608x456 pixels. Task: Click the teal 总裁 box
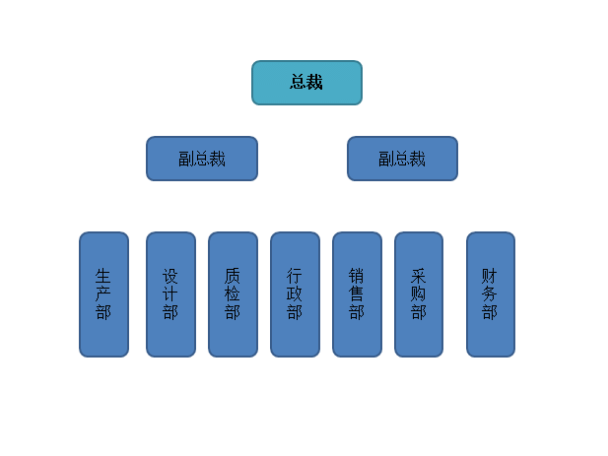click(306, 83)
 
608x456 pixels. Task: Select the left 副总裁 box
click(202, 159)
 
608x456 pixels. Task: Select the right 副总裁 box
click(402, 159)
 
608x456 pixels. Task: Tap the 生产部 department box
click(103, 294)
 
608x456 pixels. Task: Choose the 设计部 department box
click(171, 294)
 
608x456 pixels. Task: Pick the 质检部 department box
click(233, 294)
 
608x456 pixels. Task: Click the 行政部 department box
click(295, 294)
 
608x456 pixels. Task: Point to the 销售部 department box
click(357, 294)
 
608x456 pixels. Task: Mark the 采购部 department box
click(419, 294)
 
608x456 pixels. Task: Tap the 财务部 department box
click(491, 294)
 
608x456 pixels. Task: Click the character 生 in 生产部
click(103, 276)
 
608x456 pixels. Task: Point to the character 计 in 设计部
click(170, 294)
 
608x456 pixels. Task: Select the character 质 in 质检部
click(233, 276)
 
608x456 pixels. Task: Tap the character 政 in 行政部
click(295, 294)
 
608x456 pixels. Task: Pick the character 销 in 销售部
click(357, 276)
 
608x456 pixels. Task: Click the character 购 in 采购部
click(419, 294)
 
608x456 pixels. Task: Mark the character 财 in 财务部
click(490, 276)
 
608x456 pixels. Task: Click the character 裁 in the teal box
click(314, 82)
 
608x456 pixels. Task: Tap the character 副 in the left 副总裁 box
click(186, 159)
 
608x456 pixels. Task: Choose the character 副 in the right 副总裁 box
click(386, 159)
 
